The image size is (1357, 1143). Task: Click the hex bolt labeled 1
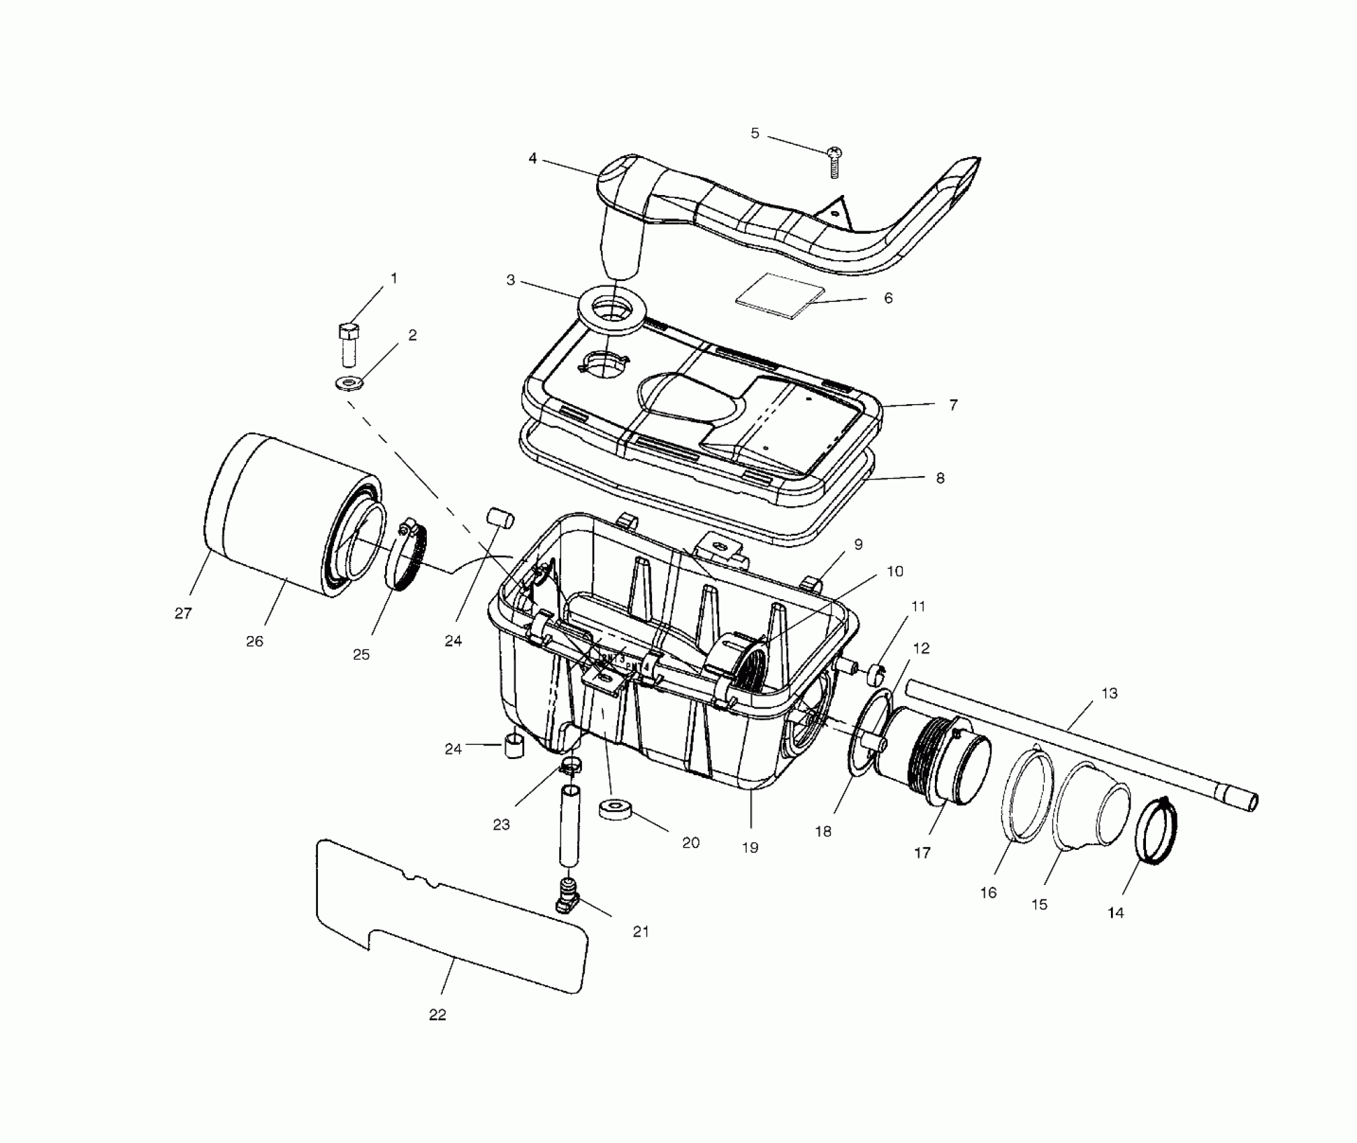pyautogui.click(x=349, y=344)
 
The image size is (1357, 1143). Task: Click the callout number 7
pyautogui.click(x=953, y=405)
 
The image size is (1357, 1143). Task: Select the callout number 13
pyautogui.click(x=1109, y=693)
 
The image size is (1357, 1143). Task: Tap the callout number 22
pyautogui.click(x=438, y=1034)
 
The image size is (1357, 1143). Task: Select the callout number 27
pyautogui.click(x=183, y=613)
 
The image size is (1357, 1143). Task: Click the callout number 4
pyautogui.click(x=533, y=159)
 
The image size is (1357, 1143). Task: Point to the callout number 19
pyautogui.click(x=750, y=848)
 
